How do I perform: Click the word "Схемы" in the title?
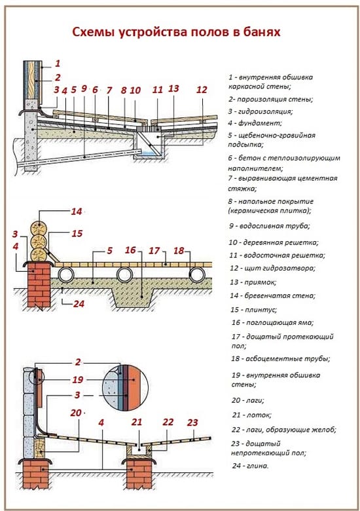(x=91, y=33)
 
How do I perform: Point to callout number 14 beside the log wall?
(x=77, y=212)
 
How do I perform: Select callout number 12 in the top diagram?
(x=202, y=89)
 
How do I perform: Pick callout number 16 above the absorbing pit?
(x=131, y=250)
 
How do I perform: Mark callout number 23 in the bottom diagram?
(x=192, y=422)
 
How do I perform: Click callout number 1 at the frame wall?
(x=57, y=64)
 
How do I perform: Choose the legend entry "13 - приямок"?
(x=254, y=282)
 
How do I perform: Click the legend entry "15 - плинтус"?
(x=253, y=309)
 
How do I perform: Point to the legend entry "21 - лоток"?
(x=253, y=415)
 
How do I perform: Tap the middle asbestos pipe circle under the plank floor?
(x=125, y=273)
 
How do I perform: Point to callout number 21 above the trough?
(x=137, y=423)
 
